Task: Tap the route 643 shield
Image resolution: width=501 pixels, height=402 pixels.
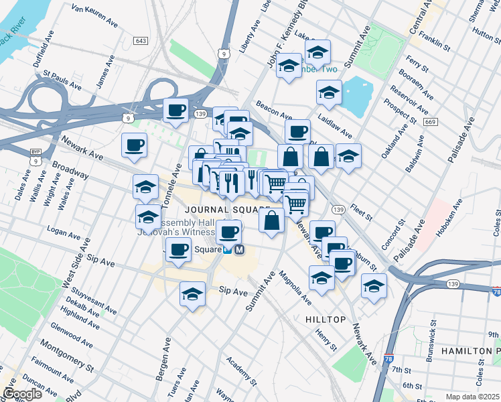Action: (x=140, y=41)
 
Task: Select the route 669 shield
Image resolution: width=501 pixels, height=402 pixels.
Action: (x=430, y=122)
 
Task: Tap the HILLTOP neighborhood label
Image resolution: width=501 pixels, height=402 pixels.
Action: (x=325, y=320)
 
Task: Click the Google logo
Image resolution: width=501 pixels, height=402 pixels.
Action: (x=22, y=393)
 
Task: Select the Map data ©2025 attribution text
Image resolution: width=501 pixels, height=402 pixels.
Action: (x=472, y=397)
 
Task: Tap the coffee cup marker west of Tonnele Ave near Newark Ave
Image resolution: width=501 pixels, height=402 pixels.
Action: (x=134, y=145)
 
